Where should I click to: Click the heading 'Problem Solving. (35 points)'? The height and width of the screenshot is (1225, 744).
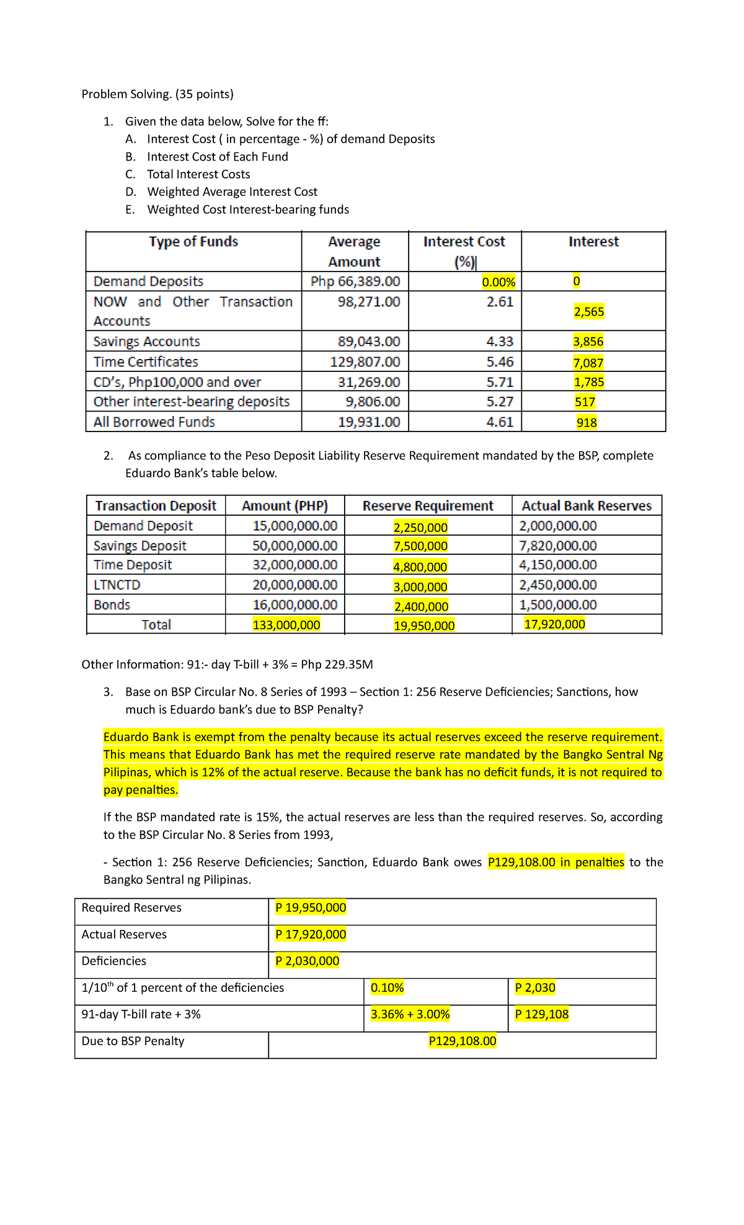pos(157,94)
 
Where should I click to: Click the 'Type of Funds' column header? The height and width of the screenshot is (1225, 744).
pos(193,242)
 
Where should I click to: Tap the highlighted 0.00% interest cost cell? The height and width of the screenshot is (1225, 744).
pos(498,283)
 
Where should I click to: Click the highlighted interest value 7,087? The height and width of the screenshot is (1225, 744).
pos(588,363)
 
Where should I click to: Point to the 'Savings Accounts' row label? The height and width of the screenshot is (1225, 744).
pos(147,342)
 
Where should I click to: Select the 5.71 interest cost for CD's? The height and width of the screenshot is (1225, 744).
pos(500,383)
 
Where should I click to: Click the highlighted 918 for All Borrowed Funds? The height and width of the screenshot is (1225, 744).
pos(587,423)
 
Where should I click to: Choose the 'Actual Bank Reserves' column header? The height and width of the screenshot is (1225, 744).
pos(587,506)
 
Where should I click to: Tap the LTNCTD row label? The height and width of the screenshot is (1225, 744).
pos(117,585)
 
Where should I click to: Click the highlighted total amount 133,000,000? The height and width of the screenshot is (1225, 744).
pos(286,625)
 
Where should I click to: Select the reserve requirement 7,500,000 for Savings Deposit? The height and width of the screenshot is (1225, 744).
pos(420,546)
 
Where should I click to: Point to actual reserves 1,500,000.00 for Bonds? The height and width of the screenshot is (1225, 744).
pos(557,605)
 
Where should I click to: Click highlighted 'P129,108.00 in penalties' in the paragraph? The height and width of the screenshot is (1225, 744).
pos(556,862)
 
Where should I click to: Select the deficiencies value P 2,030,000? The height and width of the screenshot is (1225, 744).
pos(308,961)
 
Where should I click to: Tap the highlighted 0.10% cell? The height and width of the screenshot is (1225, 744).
pos(387,988)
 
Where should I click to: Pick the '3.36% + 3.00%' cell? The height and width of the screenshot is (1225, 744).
pos(410,1014)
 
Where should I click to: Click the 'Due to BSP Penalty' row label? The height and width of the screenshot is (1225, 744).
pos(133,1041)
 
